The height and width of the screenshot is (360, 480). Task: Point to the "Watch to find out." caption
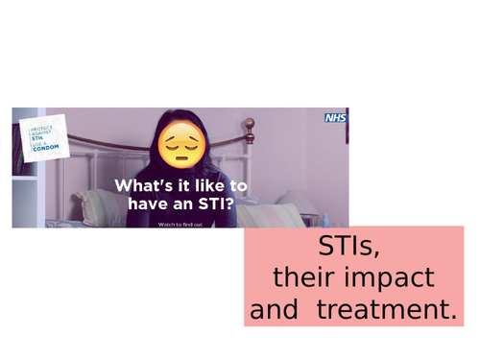pos(180,224)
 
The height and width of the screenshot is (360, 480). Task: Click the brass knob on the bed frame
pos(250,124)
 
